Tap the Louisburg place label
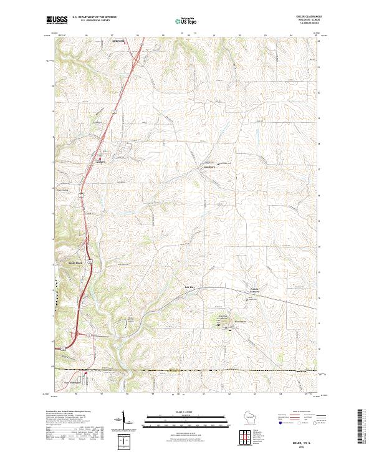[209, 167]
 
